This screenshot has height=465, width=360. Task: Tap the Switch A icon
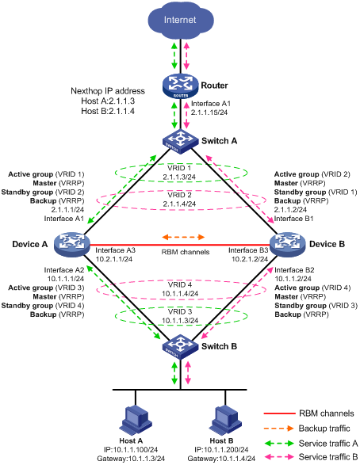[180, 140]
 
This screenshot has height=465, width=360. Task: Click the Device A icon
[75, 241]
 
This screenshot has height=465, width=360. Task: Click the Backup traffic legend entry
[320, 427]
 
